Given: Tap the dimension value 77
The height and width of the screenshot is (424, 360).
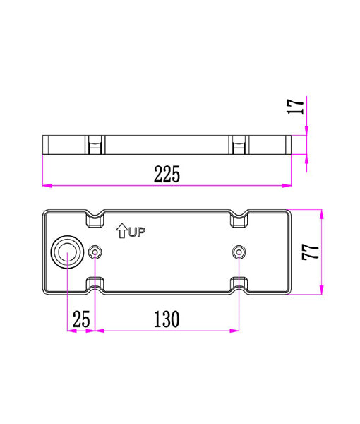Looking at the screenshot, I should [309, 252].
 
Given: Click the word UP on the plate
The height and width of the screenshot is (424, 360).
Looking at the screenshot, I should [137, 231].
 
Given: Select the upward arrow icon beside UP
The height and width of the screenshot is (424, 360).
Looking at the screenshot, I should [121, 230].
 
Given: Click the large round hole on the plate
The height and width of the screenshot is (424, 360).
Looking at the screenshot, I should [66, 252].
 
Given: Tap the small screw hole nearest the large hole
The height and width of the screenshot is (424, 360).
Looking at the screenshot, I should [96, 252].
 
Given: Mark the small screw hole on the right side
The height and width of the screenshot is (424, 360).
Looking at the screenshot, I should [239, 252].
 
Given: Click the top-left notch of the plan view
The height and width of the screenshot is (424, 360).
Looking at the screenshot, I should [95, 219].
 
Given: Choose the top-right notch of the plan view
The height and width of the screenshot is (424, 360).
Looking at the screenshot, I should [240, 219].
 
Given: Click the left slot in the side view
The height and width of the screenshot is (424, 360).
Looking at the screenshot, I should [95, 145].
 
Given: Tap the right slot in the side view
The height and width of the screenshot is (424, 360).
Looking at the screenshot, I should [240, 145].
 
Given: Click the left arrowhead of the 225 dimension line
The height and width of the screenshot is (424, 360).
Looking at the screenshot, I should [47, 186].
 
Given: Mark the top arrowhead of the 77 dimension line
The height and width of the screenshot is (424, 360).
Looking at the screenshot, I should [322, 213].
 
